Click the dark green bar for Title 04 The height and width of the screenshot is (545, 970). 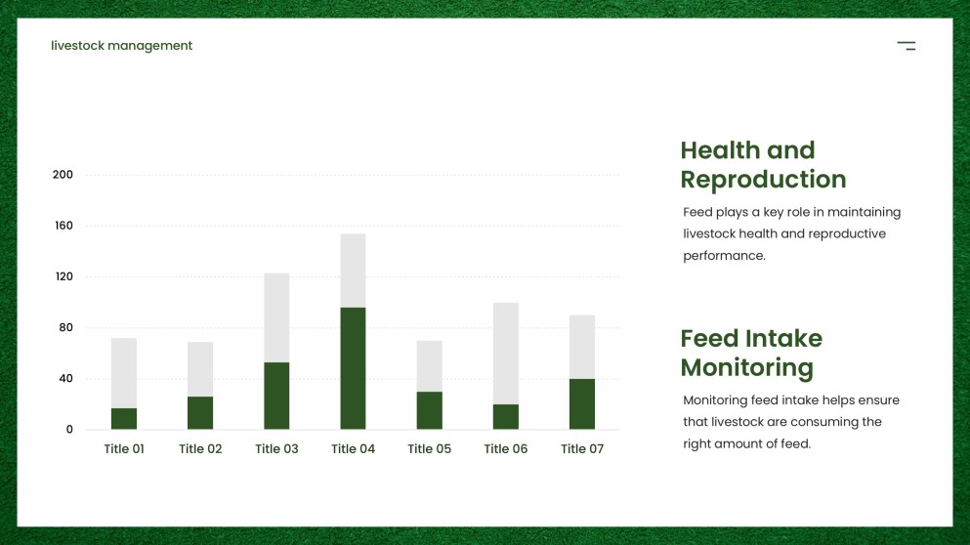point(353,368)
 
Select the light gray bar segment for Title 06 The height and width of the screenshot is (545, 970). point(506,353)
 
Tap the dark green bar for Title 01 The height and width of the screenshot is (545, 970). point(124,418)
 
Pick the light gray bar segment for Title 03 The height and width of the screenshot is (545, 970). point(276,317)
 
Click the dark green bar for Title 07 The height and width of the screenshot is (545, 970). point(582,403)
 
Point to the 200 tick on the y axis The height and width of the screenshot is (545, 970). point(63,175)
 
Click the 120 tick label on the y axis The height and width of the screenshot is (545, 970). point(63,276)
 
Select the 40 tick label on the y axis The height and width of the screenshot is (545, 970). point(65,378)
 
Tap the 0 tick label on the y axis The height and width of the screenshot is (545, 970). point(69,430)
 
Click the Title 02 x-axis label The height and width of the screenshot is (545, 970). point(200,449)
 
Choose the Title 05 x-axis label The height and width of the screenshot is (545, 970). point(430,449)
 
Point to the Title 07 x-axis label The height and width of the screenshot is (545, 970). point(582,449)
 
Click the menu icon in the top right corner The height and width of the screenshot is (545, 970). point(907,46)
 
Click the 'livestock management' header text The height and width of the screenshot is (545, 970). point(122,46)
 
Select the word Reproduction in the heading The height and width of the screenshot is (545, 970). point(763,180)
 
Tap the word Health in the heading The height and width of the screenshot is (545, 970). point(720,150)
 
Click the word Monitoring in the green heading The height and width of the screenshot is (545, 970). point(746,368)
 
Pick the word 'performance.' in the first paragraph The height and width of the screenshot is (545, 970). point(724,256)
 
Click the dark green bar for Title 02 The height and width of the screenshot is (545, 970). point(200,412)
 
